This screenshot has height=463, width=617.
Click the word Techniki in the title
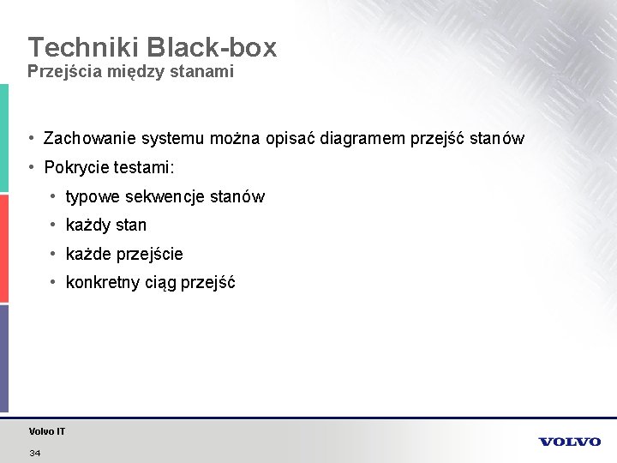pyautogui.click(x=75, y=48)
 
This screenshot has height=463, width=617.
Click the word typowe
pyautogui.click(x=93, y=197)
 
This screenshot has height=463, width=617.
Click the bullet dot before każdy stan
pyautogui.click(x=54, y=225)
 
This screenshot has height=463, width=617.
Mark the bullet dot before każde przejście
pyautogui.click(x=54, y=254)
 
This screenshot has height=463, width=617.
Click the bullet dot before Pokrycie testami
pyautogui.click(x=31, y=166)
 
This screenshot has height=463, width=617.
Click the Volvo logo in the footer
pyautogui.click(x=569, y=442)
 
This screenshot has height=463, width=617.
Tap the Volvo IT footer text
pyautogui.click(x=47, y=431)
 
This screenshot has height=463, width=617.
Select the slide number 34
pyautogui.click(x=35, y=453)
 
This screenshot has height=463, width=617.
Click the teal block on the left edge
pyautogui.click(x=4, y=137)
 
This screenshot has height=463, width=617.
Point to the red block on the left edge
pyautogui.click(x=4, y=249)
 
